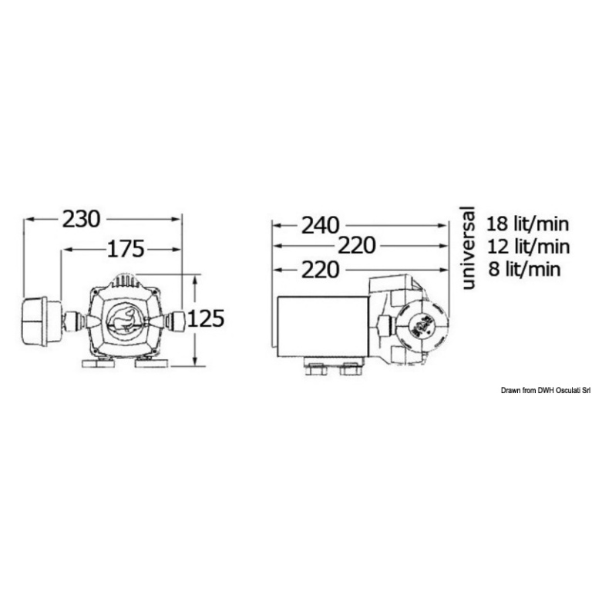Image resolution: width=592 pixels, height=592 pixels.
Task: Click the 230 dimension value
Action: pyautogui.click(x=81, y=219)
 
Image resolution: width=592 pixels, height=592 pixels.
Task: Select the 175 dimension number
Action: pyautogui.click(x=126, y=249)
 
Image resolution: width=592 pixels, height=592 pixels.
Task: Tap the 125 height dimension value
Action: pyautogui.click(x=206, y=318)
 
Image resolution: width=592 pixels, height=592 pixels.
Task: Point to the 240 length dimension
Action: pyautogui.click(x=320, y=226)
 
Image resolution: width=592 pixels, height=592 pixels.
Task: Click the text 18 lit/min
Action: pyautogui.click(x=527, y=224)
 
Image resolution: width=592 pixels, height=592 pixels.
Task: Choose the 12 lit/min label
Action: pyautogui.click(x=528, y=247)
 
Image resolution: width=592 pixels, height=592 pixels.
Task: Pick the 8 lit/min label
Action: pyautogui.click(x=524, y=269)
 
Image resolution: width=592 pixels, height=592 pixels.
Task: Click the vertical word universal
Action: pyautogui.click(x=467, y=247)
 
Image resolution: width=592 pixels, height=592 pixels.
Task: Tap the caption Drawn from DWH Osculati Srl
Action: pyautogui.click(x=546, y=391)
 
